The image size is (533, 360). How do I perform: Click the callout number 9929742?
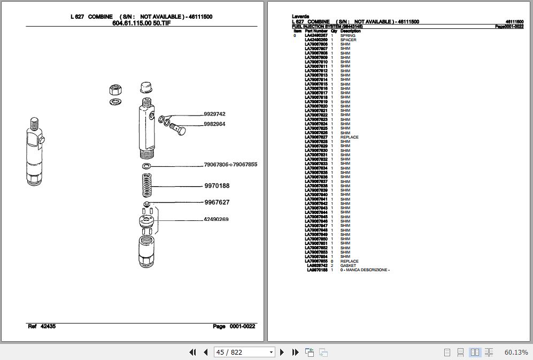(x=214, y=114)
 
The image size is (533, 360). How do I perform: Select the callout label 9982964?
(x=214, y=124)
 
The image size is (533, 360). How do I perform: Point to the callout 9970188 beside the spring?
(x=217, y=186)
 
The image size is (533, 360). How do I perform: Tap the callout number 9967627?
(x=217, y=202)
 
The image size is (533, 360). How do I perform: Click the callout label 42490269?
(x=216, y=219)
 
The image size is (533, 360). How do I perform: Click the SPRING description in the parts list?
(x=347, y=36)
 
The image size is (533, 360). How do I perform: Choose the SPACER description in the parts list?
(x=348, y=40)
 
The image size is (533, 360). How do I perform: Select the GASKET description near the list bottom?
(x=348, y=266)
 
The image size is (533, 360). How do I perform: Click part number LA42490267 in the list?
(x=316, y=36)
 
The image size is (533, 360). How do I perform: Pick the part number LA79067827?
(x=316, y=137)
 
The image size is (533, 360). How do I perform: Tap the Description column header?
(x=350, y=31)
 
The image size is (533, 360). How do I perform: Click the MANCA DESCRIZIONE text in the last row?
(x=367, y=270)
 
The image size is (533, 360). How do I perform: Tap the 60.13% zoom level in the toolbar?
(x=515, y=352)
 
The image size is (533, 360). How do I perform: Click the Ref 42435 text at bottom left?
(x=41, y=326)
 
